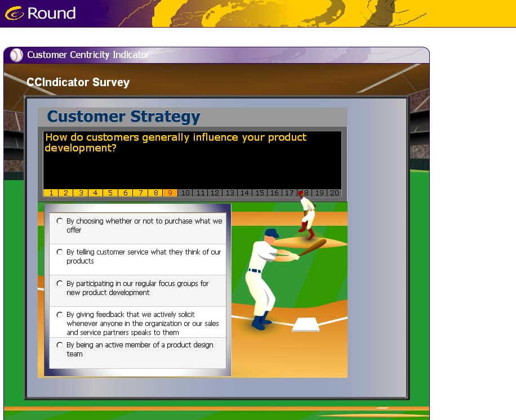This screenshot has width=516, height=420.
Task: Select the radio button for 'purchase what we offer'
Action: click(60, 221)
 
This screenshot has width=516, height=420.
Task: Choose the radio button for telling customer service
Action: click(60, 252)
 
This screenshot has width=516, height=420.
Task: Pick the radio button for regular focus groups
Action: click(60, 283)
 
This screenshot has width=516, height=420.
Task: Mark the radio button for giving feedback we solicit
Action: click(60, 315)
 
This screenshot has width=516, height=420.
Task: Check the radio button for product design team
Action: click(60, 345)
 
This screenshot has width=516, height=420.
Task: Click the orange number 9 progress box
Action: click(170, 193)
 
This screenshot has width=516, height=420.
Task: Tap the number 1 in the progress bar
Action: click(51, 193)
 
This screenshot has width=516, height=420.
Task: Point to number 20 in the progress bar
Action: click(335, 193)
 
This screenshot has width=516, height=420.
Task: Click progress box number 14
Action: click(244, 193)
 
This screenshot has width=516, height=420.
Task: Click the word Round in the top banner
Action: click(52, 13)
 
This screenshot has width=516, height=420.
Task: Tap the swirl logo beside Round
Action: click(15, 14)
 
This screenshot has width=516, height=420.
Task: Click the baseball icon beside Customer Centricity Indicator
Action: click(16, 55)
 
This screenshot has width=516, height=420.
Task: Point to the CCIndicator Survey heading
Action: click(78, 82)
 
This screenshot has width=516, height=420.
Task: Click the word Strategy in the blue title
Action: click(165, 117)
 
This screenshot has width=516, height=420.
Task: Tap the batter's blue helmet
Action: click(272, 233)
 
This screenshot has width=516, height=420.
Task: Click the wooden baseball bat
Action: click(312, 247)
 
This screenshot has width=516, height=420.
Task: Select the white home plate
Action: click(306, 324)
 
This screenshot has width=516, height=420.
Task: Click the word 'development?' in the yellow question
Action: click(81, 148)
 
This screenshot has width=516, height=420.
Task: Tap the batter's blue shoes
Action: click(261, 322)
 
